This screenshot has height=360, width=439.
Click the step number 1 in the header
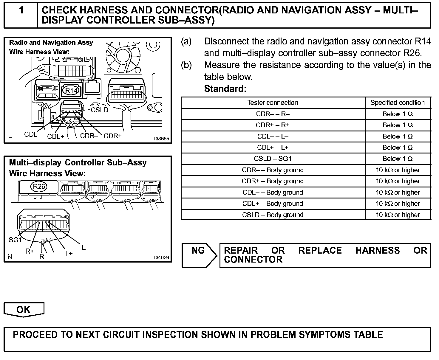[21, 10]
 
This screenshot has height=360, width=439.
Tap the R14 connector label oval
[71, 90]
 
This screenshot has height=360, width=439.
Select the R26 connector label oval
[39, 187]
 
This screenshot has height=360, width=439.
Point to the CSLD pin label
[100, 110]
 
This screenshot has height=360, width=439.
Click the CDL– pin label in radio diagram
[33, 135]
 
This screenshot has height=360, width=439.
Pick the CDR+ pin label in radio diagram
[113, 136]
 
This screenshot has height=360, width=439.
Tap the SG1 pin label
[15, 240]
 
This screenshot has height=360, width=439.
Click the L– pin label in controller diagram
[85, 247]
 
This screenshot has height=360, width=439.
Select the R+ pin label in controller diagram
[30, 251]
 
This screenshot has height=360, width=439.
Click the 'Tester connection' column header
[273, 103]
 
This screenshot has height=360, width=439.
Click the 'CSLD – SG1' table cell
[273, 159]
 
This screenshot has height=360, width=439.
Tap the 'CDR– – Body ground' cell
[273, 170]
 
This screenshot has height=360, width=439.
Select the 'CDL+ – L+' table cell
[273, 148]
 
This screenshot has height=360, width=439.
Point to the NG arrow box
[199, 255]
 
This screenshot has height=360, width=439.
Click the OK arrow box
[24, 310]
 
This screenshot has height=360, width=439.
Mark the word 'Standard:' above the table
[225, 89]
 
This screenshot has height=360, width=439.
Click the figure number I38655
[162, 139]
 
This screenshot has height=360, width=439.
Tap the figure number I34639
[162, 257]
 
